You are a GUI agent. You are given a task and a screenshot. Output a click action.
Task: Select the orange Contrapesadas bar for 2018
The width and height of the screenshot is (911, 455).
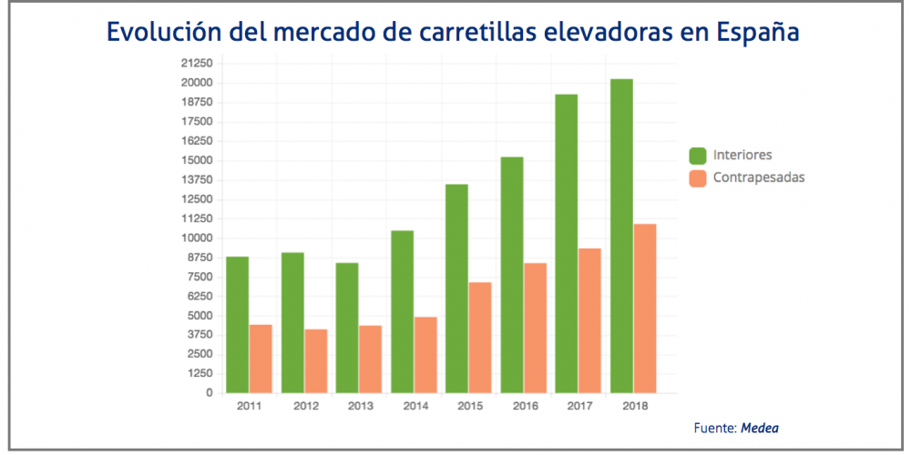tap(645, 308)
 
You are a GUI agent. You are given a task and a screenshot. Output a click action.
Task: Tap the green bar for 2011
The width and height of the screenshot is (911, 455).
tap(238, 325)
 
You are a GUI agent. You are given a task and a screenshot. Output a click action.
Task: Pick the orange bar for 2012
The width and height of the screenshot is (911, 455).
tap(315, 361)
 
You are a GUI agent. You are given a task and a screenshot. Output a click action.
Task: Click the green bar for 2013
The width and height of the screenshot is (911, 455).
tap(347, 328)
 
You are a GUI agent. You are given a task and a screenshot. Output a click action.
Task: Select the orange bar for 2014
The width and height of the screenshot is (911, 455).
tap(425, 355)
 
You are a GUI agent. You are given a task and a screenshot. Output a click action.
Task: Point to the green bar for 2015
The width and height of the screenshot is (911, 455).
tap(457, 288)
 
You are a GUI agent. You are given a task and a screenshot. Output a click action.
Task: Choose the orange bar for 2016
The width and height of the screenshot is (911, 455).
tap(535, 329)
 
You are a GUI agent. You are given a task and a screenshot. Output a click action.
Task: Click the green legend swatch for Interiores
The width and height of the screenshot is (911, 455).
tap(699, 156)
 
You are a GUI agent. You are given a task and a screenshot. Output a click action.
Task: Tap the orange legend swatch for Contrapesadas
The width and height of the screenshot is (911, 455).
tap(699, 178)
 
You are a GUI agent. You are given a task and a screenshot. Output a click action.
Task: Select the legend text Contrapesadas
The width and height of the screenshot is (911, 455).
tap(759, 178)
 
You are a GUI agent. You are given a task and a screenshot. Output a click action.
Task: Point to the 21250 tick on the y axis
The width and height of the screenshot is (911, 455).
tap(197, 63)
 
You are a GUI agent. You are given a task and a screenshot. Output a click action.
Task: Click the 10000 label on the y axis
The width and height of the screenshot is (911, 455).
tap(197, 238)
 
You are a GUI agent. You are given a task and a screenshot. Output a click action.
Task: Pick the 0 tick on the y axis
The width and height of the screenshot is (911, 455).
tap(210, 393)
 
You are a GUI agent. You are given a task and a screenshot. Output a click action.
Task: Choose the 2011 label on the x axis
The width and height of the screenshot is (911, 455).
tap(249, 407)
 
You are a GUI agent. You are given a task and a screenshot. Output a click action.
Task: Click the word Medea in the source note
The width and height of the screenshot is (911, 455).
tap(760, 427)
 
